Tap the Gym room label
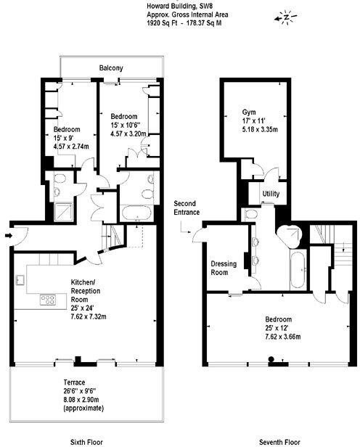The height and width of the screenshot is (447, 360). pos(249,112)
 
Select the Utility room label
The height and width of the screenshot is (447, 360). pos(271,194)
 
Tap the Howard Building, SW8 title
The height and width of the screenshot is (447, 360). pos(170,6)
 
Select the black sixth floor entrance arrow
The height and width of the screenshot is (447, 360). pos(7,235)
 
